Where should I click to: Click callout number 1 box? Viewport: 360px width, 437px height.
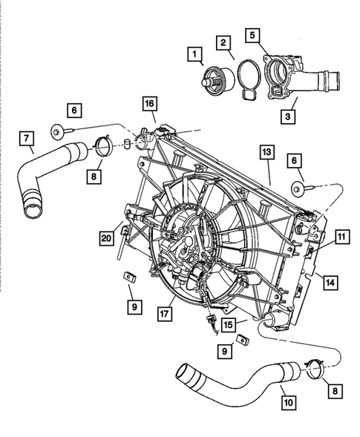[195, 54]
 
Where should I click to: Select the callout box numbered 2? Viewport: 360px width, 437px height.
[222, 45]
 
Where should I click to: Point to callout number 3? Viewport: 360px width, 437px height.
[287, 116]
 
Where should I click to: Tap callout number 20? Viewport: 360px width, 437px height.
[107, 237]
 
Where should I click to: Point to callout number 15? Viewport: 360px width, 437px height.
[229, 323]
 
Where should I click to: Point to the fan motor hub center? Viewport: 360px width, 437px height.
[182, 241]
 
